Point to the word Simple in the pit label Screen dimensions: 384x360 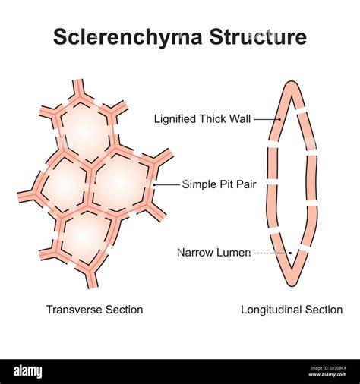[x=199, y=184]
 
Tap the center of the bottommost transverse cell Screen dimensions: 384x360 [x=88, y=236]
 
